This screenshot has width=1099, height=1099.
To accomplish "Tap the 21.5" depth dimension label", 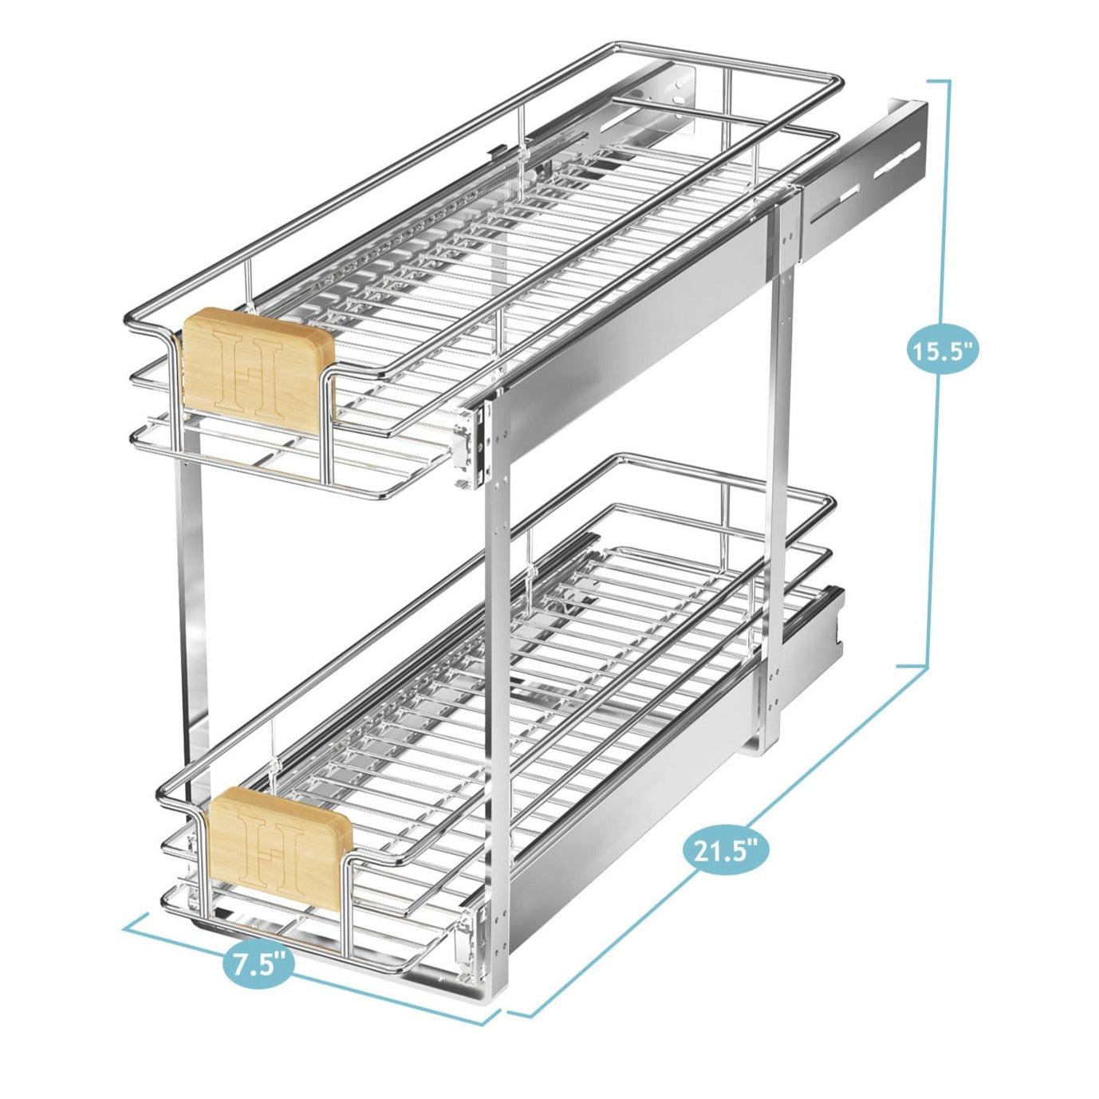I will (x=725, y=850).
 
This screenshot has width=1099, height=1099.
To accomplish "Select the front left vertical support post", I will (x=191, y=638).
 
